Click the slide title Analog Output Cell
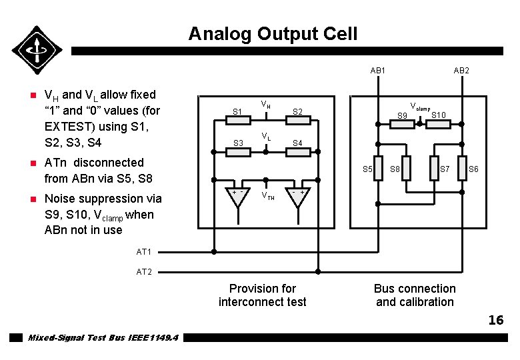pos(273,34)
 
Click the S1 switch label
pos(237,112)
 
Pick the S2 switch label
pos(298,112)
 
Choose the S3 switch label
pos(237,143)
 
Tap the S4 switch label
pos(298,143)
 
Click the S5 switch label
pos(367,169)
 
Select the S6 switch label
pos(473,169)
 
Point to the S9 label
pos(402,117)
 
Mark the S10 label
pos(439,115)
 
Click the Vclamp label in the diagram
pos(420,107)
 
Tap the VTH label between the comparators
pos(267,196)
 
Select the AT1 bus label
pos(144,252)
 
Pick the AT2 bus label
pos(144,272)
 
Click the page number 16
pos(495,321)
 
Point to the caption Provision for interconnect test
pos(262,295)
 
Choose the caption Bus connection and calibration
pos(415,295)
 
